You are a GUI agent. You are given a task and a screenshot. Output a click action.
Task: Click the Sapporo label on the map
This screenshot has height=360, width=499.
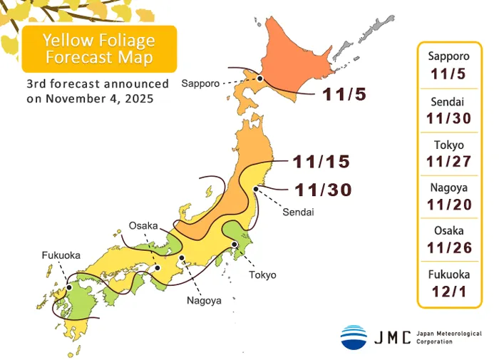201,83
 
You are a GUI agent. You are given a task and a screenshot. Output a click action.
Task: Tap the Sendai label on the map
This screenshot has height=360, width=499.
298,212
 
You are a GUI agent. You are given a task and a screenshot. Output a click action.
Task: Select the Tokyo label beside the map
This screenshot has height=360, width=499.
262,274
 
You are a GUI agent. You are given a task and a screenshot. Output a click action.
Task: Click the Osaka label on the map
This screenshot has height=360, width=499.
143,225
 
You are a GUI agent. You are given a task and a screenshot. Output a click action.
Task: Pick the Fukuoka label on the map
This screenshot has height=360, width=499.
61,254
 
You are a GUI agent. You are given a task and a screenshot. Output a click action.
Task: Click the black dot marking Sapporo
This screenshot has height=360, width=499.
261,79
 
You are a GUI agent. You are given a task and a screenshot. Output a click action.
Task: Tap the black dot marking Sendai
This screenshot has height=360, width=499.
256,189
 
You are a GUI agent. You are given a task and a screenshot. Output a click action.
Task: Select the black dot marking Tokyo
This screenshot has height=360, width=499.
235,245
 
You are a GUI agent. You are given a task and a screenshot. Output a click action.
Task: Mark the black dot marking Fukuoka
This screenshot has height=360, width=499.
69,288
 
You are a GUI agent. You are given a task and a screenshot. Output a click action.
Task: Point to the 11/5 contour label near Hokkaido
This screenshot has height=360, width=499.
344,94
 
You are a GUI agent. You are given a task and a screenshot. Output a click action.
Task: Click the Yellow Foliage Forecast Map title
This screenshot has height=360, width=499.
98,48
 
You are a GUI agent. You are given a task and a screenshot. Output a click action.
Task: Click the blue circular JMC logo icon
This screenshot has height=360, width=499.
354,336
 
